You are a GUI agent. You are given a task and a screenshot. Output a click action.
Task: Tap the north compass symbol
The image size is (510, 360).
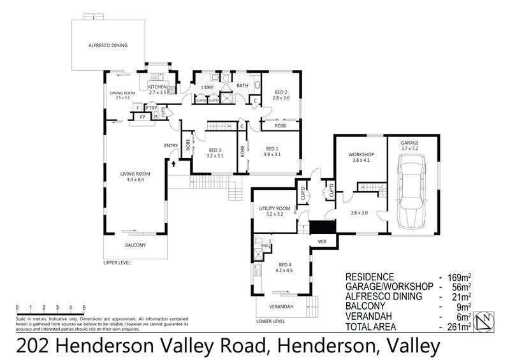487,320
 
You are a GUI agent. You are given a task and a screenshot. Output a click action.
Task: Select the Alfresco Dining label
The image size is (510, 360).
108,46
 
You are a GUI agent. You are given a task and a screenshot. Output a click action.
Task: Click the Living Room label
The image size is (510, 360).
135,176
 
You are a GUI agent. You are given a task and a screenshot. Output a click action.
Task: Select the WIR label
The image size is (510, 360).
323,242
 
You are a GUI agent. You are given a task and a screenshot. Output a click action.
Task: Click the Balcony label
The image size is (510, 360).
135,246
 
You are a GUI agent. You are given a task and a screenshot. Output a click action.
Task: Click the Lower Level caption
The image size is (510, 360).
270,321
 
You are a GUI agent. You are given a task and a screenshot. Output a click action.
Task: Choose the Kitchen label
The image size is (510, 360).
157,87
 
